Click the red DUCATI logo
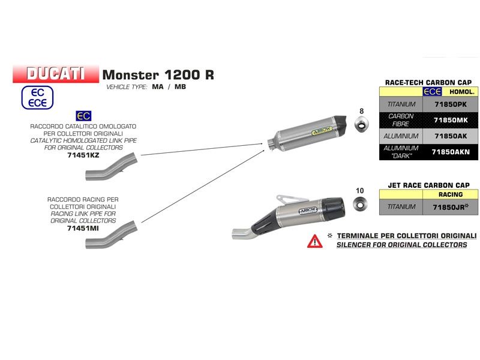click(55, 74)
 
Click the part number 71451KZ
click(83, 154)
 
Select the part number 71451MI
click(83, 228)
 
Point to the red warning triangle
click(314, 241)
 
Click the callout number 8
click(361, 111)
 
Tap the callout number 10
click(360, 191)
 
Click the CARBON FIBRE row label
click(401, 120)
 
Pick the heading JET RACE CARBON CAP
click(428, 185)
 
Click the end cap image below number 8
click(362, 125)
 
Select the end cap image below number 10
click(360, 206)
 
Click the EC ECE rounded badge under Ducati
click(38, 97)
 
